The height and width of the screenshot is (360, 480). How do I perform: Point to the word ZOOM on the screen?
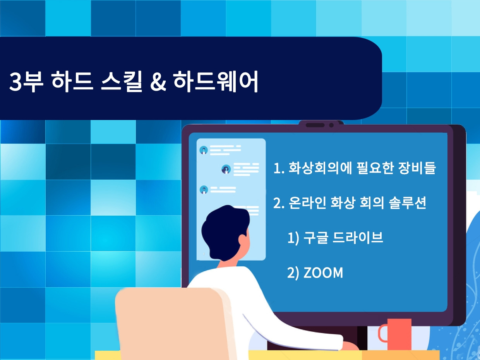pyautogui.click(x=323, y=273)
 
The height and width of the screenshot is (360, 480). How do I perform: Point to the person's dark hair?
pyautogui.click(x=221, y=232)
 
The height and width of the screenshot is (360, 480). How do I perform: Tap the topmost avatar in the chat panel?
pyautogui.click(x=204, y=150)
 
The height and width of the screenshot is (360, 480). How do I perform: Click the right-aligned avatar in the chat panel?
pyautogui.click(x=226, y=169)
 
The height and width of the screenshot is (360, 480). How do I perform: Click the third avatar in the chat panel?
pyautogui.click(x=204, y=190)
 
